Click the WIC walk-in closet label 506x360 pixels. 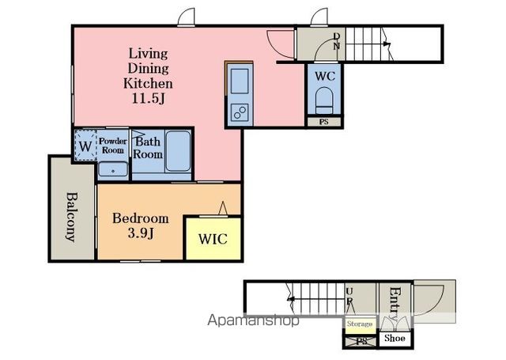point(213,239)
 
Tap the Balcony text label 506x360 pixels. point(72,217)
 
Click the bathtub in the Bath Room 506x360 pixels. point(178,151)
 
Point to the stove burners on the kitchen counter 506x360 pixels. point(240,112)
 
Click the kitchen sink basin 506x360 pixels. point(240,81)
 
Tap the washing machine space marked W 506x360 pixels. point(85,146)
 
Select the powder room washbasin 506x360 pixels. point(113,169)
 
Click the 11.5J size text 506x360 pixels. point(148,98)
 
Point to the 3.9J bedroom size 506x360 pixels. point(141,233)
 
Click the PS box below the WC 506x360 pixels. point(324,122)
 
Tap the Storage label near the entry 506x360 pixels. point(360,324)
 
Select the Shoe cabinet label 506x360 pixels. point(395,338)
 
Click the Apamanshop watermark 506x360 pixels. point(254,320)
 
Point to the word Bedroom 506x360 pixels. point(141,218)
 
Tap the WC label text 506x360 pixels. point(325,76)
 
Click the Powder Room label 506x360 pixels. point(113,146)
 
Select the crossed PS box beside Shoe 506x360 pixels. point(361,342)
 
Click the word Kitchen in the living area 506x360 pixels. point(148,83)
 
